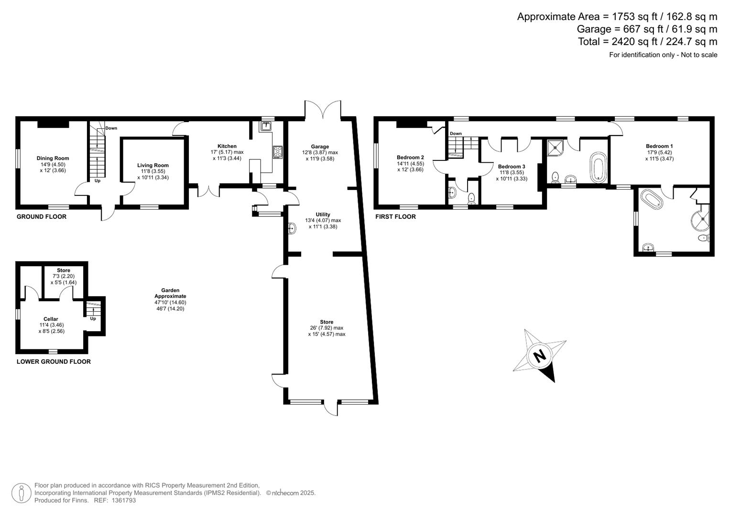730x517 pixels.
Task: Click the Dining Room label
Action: pos(53,158)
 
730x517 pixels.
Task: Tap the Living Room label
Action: pos(153,165)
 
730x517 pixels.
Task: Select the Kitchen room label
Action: pos(227,146)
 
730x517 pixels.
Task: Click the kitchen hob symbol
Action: pos(278,152)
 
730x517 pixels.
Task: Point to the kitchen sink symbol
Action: pos(266,126)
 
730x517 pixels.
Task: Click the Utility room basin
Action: pos(292,229)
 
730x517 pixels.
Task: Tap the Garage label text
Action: pos(320,146)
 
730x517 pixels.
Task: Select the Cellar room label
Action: pos(51,319)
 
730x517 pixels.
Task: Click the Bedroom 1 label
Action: pos(659,146)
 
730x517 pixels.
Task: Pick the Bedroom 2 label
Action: pos(410,157)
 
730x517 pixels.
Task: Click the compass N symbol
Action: pos(539,356)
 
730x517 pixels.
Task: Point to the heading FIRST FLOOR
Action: pos(395,216)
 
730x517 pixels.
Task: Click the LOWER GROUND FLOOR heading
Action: pos(54,361)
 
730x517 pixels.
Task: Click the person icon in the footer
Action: pos(22,493)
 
